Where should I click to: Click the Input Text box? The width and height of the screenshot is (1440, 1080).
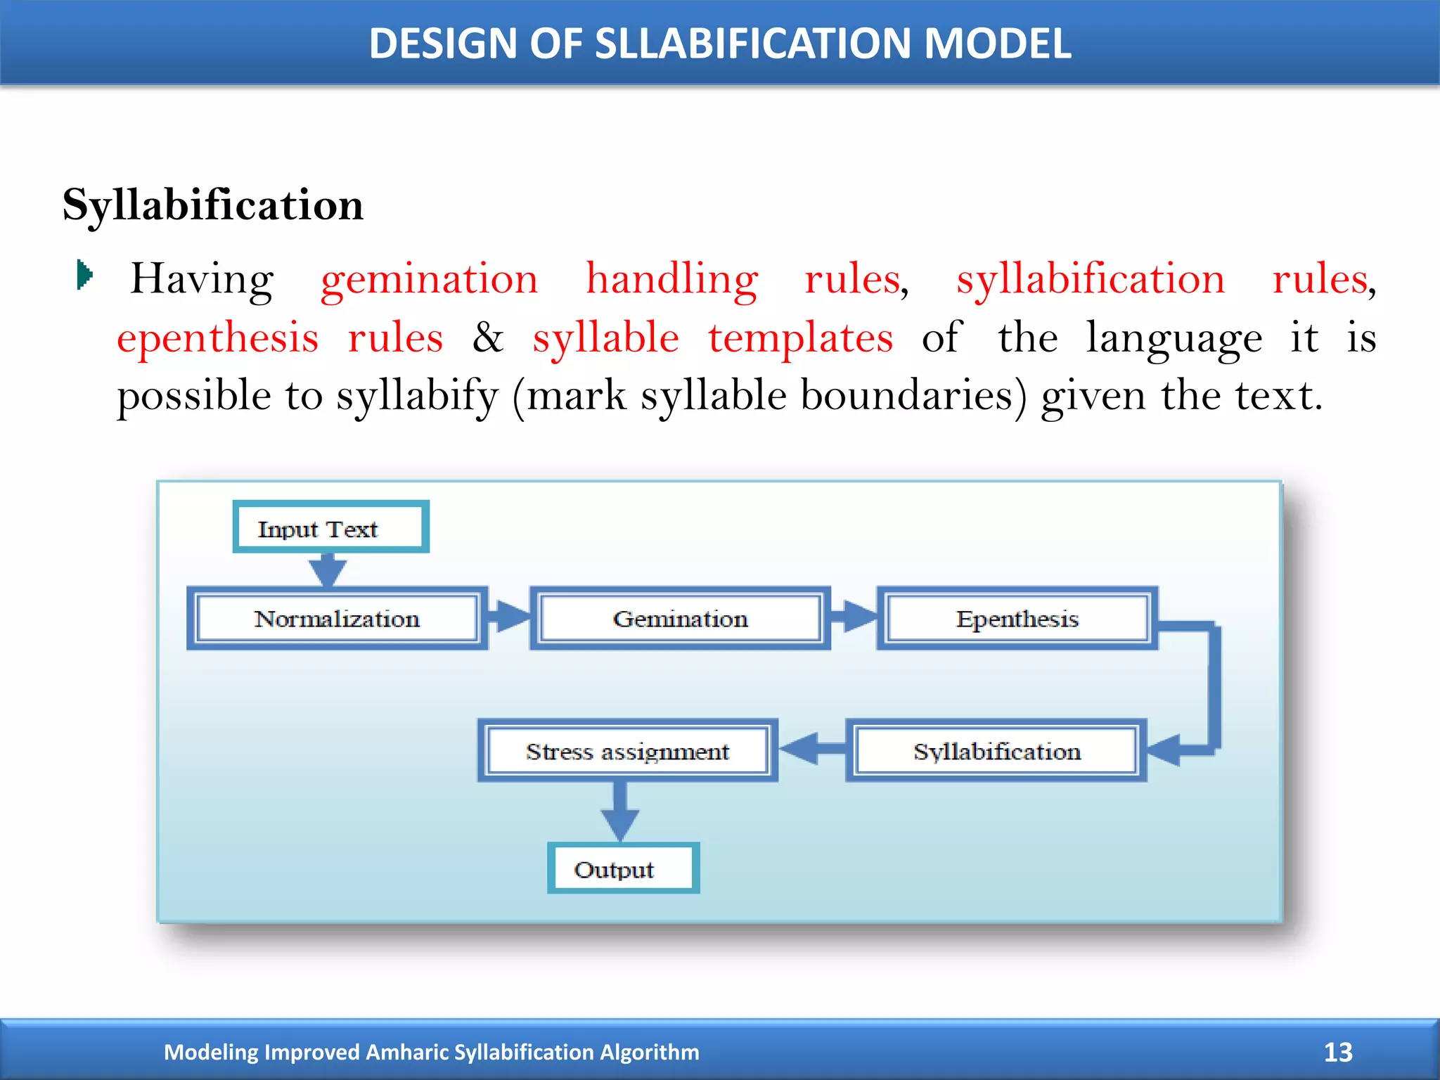click(330, 528)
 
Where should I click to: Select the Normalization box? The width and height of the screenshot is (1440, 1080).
click(337, 619)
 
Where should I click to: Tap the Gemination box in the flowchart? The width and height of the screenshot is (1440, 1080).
click(680, 619)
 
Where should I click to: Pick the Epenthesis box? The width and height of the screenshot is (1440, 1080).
click(1017, 619)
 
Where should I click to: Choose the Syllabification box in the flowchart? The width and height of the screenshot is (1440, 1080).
click(996, 751)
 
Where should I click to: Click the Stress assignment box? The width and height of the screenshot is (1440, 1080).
click(627, 751)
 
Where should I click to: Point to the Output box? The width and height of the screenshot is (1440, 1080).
click(623, 869)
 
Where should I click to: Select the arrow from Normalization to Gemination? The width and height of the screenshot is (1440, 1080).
click(508, 616)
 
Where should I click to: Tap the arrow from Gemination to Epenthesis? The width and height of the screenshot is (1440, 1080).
click(853, 616)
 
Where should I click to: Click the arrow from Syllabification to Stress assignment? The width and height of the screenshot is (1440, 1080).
click(812, 748)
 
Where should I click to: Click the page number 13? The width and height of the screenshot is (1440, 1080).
click(1337, 1052)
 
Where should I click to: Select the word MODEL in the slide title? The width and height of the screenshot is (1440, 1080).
click(997, 44)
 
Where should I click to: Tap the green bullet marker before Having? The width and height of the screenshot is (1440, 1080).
click(84, 274)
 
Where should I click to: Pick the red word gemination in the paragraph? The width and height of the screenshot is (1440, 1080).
click(429, 279)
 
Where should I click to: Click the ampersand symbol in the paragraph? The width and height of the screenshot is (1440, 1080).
click(487, 337)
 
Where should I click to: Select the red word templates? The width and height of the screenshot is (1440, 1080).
click(800, 337)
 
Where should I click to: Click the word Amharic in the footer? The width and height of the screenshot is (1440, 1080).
click(407, 1052)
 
